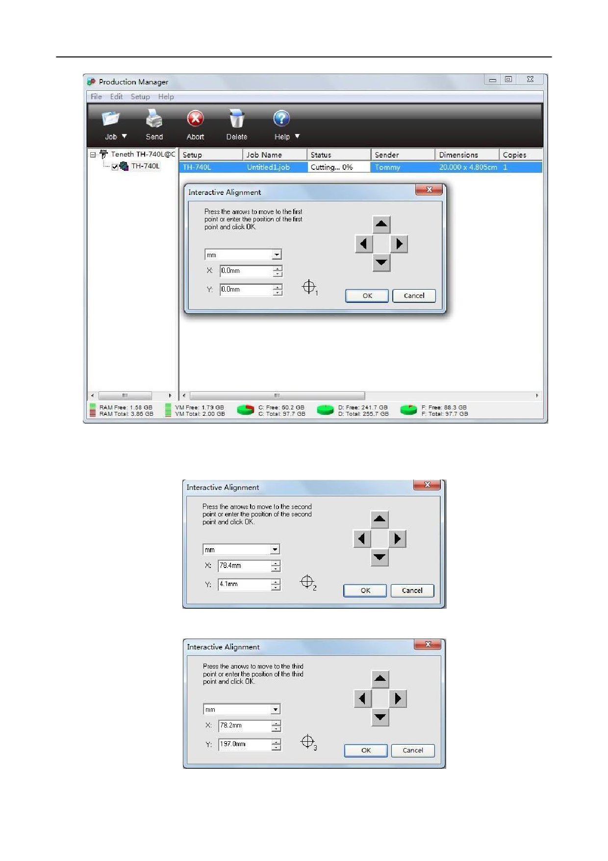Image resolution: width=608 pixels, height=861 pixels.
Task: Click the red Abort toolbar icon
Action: point(195,119)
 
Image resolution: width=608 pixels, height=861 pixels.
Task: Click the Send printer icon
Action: point(154,119)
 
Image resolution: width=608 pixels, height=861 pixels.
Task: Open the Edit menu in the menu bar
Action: point(116,97)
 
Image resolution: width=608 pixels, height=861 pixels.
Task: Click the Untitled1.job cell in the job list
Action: point(268,167)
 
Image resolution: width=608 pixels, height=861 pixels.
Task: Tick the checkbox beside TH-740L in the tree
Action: point(115,167)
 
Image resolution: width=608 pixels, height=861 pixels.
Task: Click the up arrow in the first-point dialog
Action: point(381,224)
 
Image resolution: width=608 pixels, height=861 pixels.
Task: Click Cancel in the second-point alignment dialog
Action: point(412,591)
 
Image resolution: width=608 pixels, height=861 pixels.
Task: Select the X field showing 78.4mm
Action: point(245,565)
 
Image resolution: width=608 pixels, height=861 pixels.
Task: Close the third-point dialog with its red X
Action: point(428,644)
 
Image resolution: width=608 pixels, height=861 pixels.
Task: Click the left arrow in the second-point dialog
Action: point(362,539)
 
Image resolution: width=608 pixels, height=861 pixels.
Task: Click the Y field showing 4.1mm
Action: point(245,584)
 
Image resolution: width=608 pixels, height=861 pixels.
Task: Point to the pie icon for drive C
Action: point(246,410)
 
